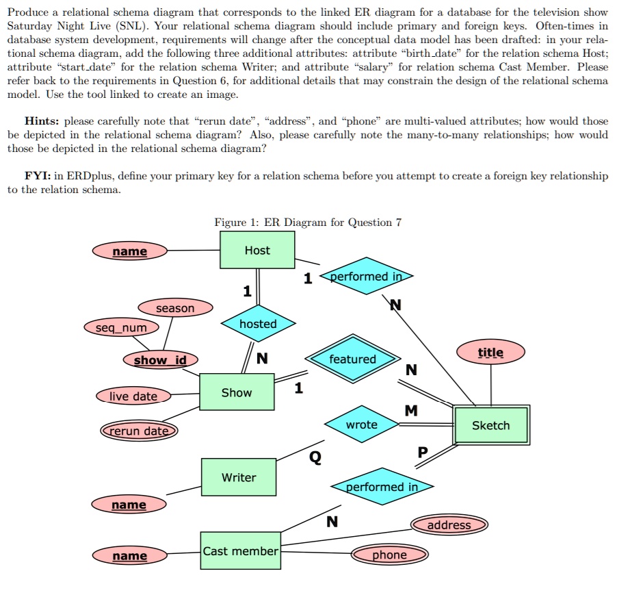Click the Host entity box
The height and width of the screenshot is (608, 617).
pos(257,250)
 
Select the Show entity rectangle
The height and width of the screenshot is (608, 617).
pos(237,392)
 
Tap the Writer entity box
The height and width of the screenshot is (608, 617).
pos(239,477)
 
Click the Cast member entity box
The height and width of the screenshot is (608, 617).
pos(240,551)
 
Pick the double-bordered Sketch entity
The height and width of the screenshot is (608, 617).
pos(490,425)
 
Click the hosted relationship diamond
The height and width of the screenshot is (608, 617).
pos(258,324)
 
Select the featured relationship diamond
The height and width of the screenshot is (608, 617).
pos(352,359)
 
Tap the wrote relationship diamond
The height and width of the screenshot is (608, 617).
pos(361,425)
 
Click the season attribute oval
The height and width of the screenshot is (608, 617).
pos(175,308)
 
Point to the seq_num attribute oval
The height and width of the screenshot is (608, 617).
pos(121,327)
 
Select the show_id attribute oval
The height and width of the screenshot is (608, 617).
pos(160,360)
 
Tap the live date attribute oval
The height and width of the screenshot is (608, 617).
pos(133,396)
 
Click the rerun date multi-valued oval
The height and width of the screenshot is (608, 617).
pos(138,431)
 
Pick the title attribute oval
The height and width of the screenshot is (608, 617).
pos(490,352)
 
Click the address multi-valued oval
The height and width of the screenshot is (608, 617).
pos(449,525)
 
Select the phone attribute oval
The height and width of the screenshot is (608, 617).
pos(389,555)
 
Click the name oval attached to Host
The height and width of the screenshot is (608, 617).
pos(129,251)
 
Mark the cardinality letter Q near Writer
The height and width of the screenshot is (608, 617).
pos(314,457)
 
